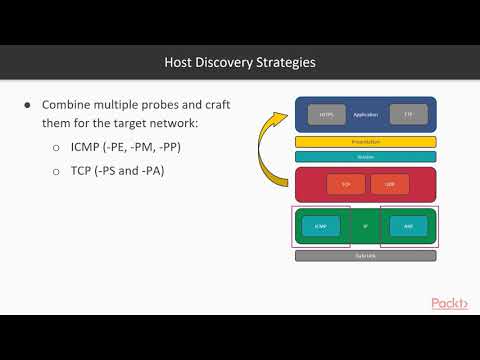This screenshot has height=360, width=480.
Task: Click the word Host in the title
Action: click(x=179, y=63)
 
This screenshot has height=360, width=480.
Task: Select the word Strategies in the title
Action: click(x=283, y=63)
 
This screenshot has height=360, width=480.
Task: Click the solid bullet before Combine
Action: click(x=28, y=106)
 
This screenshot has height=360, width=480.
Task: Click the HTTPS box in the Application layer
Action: click(x=326, y=115)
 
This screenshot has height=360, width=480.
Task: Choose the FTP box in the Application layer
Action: click(x=407, y=115)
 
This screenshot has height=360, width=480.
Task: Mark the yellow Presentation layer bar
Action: click(x=366, y=142)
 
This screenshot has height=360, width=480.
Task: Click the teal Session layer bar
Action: click(x=366, y=156)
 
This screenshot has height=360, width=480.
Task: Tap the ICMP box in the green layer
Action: click(x=319, y=226)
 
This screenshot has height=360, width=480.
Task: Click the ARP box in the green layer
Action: click(x=407, y=226)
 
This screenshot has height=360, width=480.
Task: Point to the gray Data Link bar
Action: click(x=366, y=256)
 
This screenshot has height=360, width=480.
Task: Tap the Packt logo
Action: click(x=451, y=303)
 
